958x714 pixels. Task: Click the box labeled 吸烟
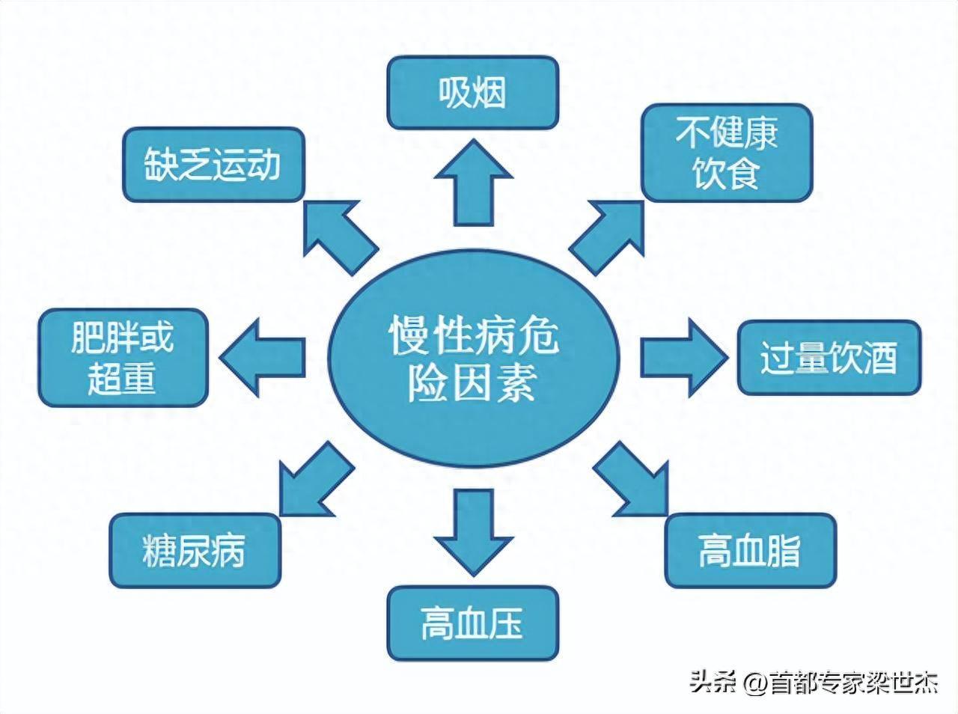[x=472, y=94]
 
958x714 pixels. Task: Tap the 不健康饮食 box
[x=727, y=153]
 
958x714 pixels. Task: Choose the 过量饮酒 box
[x=829, y=358]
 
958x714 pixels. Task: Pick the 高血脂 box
[x=750, y=550]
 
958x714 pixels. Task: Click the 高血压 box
[x=472, y=623]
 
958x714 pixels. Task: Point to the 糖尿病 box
[x=195, y=550]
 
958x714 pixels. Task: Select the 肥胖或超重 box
[x=123, y=357]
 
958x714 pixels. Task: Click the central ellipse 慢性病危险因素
[x=474, y=358]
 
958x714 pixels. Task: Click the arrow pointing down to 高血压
[x=474, y=531]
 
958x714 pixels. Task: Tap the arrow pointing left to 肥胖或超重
[x=265, y=356]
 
